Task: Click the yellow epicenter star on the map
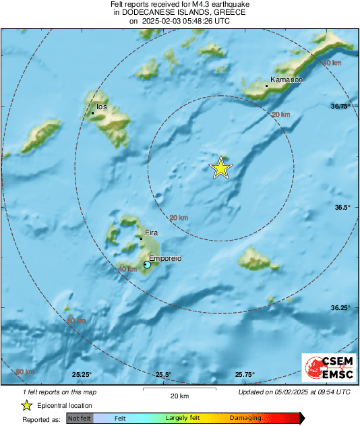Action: [220, 168]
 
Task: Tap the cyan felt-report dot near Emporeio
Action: [147, 266]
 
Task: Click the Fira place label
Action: [151, 233]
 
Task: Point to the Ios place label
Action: [102, 106]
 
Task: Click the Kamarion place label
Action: [287, 80]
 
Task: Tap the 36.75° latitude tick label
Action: [340, 106]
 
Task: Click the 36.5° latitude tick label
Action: [342, 207]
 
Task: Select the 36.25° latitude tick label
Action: [340, 307]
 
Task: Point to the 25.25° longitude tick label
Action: [82, 375]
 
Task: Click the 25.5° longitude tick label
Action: [163, 375]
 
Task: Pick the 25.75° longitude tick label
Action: [244, 375]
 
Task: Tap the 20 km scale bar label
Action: [179, 396]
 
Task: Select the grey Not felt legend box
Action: [80, 419]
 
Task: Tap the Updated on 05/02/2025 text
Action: [294, 392]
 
